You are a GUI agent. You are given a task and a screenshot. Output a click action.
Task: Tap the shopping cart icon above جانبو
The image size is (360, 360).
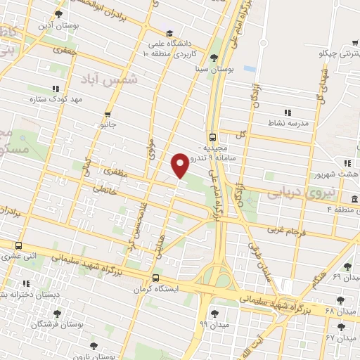pos(107,114)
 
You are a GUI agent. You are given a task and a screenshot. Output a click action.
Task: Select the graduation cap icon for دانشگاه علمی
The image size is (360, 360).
pos(169,33)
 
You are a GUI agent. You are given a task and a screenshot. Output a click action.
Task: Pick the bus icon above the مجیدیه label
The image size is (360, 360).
pos(212,137)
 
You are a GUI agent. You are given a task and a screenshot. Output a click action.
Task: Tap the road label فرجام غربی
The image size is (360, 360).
pos(287,229)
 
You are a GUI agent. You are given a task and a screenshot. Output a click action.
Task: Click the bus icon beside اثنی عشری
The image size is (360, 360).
pos(18,245)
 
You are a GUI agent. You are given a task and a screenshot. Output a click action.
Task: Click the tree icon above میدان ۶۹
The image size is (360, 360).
pos(347,266)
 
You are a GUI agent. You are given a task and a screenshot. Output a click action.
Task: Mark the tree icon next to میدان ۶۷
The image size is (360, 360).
pos(341,327)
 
